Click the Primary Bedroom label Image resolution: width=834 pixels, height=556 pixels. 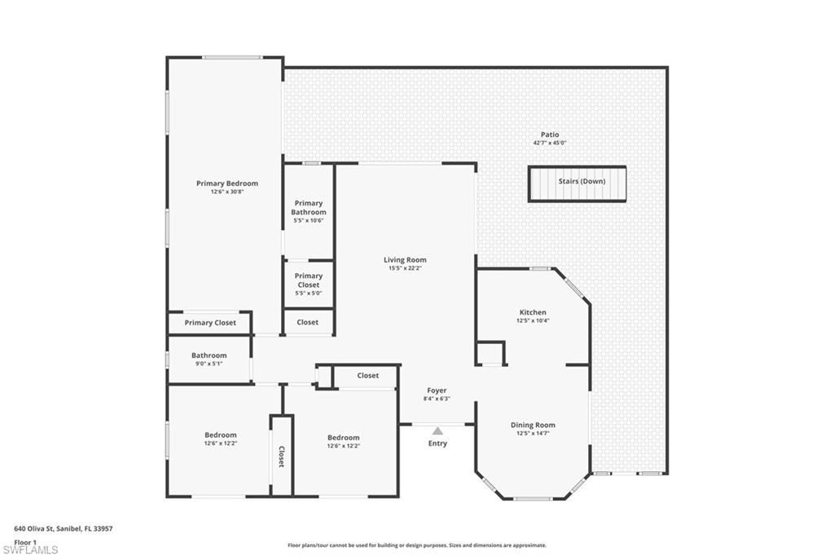coord(226,183)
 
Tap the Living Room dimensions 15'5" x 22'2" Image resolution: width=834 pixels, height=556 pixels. coord(405,268)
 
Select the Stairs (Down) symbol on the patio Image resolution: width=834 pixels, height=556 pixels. coord(577,183)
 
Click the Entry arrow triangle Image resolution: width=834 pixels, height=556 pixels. coord(437,431)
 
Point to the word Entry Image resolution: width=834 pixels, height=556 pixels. coord(437,443)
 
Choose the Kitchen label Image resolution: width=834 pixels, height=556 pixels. coord(533,312)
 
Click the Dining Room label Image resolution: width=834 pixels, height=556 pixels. coord(533,425)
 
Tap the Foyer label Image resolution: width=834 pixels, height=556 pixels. coord(437,391)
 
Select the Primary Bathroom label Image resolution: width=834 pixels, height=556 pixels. coord(309,208)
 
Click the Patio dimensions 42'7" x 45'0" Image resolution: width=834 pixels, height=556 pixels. coord(550,143)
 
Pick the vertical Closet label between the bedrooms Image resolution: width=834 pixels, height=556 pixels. coord(282,456)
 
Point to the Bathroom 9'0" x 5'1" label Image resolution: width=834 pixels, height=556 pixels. coord(209,360)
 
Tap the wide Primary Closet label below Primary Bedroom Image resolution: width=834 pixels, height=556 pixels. coord(210,323)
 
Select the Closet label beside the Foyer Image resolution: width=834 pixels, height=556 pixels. coord(368,376)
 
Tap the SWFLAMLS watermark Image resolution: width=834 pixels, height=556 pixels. coord(30,549)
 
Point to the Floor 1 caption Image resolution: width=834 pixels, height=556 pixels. coord(25,541)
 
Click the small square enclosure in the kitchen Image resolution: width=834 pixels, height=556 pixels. coord(490,353)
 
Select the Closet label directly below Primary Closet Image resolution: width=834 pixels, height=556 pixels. coord(308,322)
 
